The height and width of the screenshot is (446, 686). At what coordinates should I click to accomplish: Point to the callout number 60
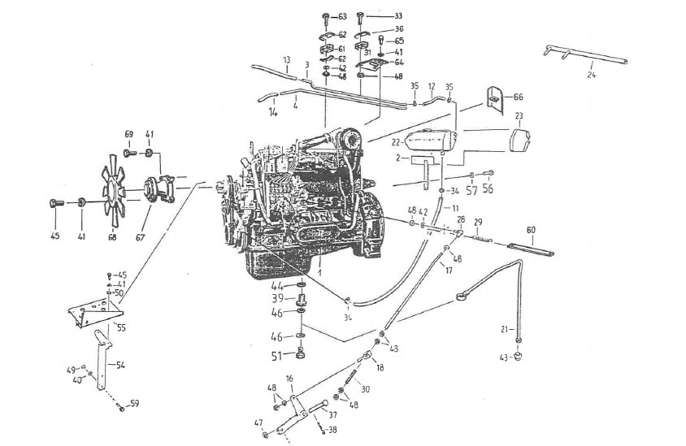tap(532, 230)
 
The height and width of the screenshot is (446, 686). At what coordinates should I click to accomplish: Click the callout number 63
tap(342, 17)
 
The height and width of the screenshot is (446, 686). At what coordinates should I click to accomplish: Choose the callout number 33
tap(398, 16)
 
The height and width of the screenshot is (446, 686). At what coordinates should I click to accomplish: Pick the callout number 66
tap(519, 97)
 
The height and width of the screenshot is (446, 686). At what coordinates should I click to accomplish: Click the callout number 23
tap(519, 115)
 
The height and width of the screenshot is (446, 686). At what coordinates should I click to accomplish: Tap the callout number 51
tap(277, 354)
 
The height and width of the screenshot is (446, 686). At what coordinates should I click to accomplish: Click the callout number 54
tap(120, 366)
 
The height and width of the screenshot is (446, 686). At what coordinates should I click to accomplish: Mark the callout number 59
tap(135, 403)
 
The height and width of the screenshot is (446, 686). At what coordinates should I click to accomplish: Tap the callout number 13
tap(287, 60)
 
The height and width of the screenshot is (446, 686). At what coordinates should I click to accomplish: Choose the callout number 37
tap(332, 415)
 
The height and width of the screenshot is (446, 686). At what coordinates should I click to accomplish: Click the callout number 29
tap(479, 222)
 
